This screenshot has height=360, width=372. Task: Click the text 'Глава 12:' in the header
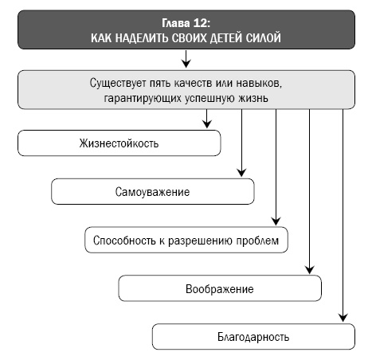click(185, 23)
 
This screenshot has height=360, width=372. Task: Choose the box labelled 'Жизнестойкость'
click(119, 144)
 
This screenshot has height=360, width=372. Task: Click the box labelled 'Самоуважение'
click(152, 193)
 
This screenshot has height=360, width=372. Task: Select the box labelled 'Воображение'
click(219, 288)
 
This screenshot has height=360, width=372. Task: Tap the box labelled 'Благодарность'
click(253, 336)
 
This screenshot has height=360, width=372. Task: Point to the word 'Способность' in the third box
click(120, 241)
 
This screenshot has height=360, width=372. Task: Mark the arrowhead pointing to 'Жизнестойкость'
click(207, 123)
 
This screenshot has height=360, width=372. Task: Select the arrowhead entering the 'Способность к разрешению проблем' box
click(275, 221)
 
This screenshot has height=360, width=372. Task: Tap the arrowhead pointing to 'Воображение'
click(309, 268)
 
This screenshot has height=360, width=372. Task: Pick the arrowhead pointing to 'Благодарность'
click(343, 316)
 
